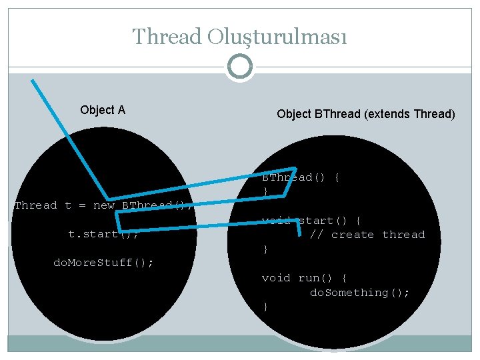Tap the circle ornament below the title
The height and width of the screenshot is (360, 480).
[240, 67]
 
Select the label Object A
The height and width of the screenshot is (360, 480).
[103, 110]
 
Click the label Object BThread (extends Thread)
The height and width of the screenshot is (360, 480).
[366, 114]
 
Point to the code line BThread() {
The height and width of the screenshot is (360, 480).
[301, 177]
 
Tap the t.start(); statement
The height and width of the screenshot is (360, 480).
[103, 234]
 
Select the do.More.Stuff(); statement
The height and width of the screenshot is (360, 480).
[103, 263]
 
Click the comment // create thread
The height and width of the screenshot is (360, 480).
[367, 235]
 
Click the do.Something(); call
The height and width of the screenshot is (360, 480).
[360, 293]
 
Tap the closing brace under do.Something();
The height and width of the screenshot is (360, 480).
[265, 307]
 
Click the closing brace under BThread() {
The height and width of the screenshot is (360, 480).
[265, 192]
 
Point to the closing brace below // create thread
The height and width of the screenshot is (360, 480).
[265, 249]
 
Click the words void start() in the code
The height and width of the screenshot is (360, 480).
[304, 221]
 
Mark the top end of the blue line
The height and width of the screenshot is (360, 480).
[32, 80]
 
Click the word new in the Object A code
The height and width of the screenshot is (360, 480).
[104, 205]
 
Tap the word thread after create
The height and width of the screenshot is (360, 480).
[403, 235]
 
